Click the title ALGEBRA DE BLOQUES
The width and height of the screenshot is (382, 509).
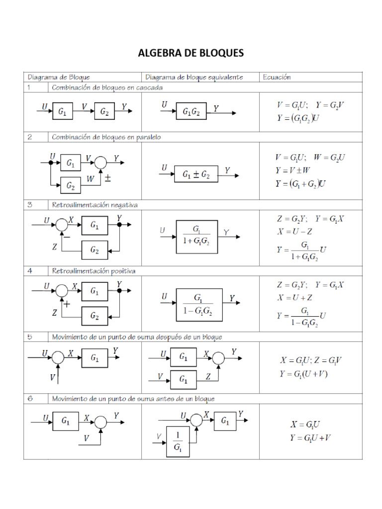click(x=191, y=53)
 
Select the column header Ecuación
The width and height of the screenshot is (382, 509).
click(x=277, y=77)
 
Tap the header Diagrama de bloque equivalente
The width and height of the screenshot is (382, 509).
click(x=194, y=77)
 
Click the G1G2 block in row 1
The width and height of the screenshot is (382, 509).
click(x=191, y=112)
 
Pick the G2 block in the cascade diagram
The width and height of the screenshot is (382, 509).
click(x=104, y=112)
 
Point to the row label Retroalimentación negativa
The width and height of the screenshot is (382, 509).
click(x=95, y=204)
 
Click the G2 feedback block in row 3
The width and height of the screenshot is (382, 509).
click(x=95, y=250)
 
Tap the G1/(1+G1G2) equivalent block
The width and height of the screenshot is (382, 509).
click(x=197, y=236)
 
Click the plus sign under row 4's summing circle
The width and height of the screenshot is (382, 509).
click(x=66, y=304)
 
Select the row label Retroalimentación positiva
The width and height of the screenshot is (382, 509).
click(x=94, y=271)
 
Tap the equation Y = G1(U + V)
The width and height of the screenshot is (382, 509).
click(x=303, y=374)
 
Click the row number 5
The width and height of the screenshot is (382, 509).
click(x=30, y=337)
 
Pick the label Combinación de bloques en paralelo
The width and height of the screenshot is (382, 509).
click(x=106, y=137)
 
